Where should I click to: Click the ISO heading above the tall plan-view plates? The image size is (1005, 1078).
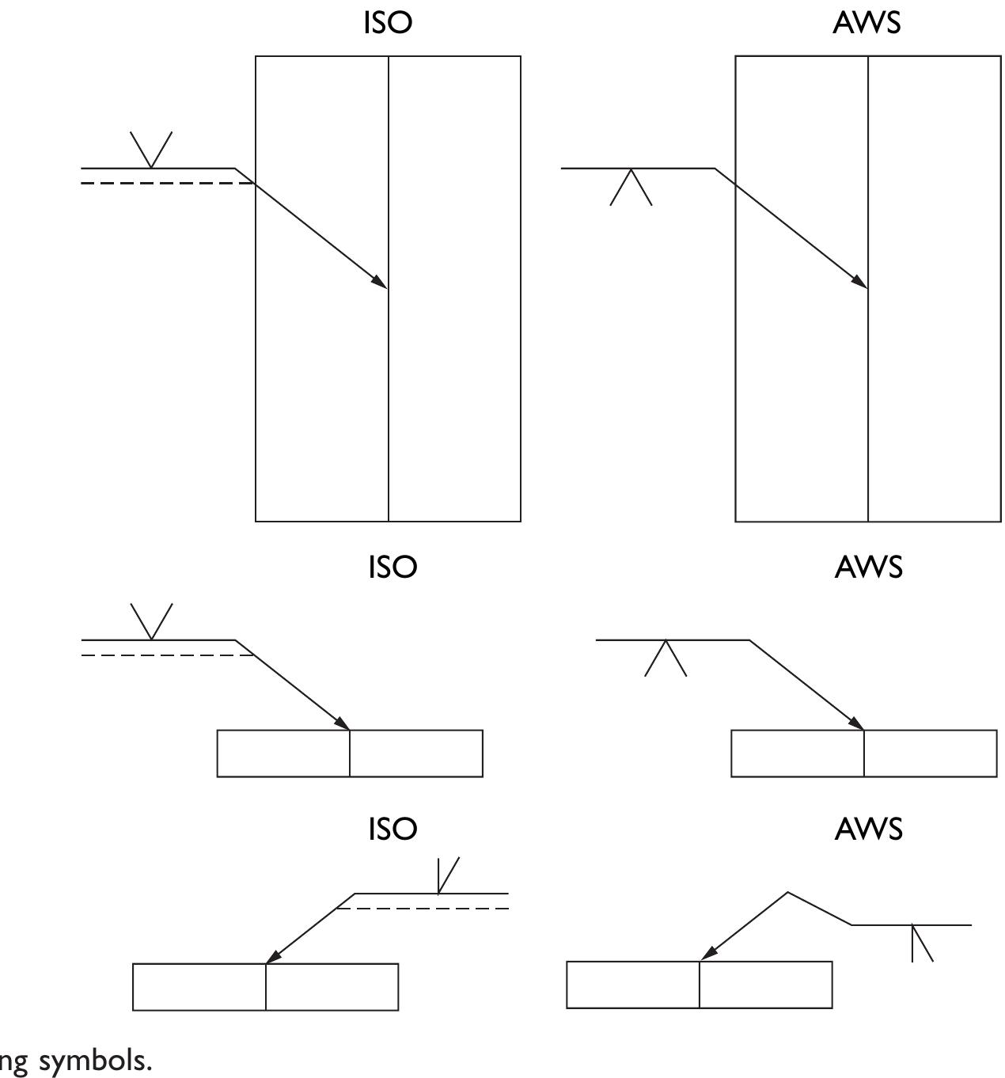(388, 23)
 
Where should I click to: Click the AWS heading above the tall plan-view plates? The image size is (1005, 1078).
(867, 23)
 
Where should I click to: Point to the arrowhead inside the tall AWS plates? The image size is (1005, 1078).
(860, 282)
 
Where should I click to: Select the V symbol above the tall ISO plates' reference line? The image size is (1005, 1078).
(151, 150)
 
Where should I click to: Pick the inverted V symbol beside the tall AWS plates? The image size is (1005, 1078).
(631, 187)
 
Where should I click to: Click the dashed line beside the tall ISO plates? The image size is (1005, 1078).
(166, 184)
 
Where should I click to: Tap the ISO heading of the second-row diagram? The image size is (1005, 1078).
(392, 567)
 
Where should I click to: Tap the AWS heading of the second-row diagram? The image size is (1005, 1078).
(868, 567)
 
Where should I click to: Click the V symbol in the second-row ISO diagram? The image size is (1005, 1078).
(151, 621)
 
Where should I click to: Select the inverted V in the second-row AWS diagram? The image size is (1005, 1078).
(666, 658)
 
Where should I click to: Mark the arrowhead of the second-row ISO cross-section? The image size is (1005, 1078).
(342, 723)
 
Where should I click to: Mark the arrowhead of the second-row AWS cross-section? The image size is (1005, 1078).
(856, 723)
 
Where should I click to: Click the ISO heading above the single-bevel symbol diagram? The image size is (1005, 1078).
(392, 829)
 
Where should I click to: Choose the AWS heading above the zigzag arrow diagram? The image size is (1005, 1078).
(868, 829)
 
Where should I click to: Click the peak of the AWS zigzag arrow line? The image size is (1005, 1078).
(787, 893)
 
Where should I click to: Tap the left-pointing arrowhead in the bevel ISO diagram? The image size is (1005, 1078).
(273, 958)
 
